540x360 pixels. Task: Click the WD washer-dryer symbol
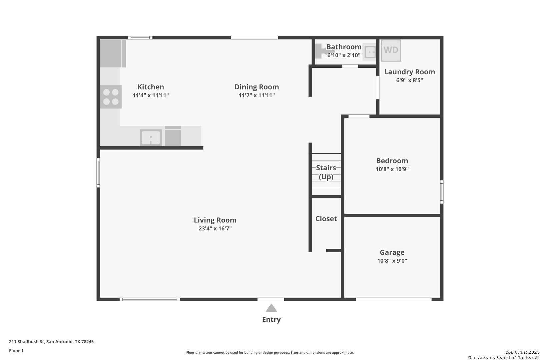click(x=391, y=50)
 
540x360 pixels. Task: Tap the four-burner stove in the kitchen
click(x=111, y=97)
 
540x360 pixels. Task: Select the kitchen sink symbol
click(x=151, y=138)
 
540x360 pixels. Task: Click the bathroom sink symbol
click(x=370, y=52)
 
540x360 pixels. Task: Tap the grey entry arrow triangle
click(x=271, y=308)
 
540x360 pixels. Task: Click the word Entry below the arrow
click(x=271, y=319)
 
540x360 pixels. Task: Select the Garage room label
click(x=392, y=252)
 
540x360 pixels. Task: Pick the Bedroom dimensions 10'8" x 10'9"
click(x=392, y=169)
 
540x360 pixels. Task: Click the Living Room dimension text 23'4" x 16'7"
click(x=215, y=228)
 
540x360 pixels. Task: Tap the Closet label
click(x=326, y=218)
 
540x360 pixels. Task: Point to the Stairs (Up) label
click(x=326, y=172)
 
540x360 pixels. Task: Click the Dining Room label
click(x=257, y=87)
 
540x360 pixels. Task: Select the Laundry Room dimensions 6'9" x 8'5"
click(x=410, y=80)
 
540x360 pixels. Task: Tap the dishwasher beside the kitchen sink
click(x=173, y=136)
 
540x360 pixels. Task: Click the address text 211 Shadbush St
click(x=27, y=341)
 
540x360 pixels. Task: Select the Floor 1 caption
click(x=16, y=351)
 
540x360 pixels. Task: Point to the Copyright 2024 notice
click(x=522, y=352)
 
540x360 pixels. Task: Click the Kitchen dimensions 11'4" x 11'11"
click(x=151, y=95)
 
